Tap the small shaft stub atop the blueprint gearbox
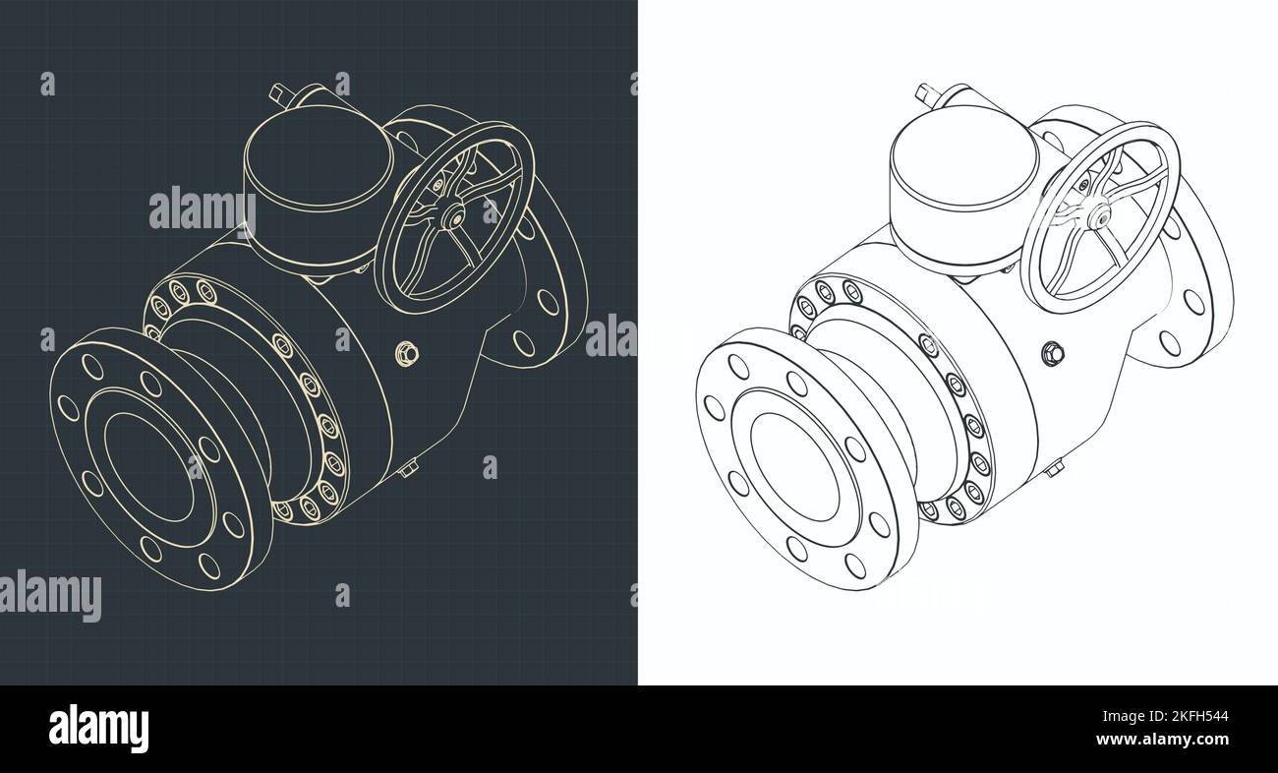pos(279,94)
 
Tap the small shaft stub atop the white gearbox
pos(925,93)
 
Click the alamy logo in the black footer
pos(98,728)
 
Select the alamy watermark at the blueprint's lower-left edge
pos(51,595)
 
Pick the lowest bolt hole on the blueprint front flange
pos(209,565)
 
